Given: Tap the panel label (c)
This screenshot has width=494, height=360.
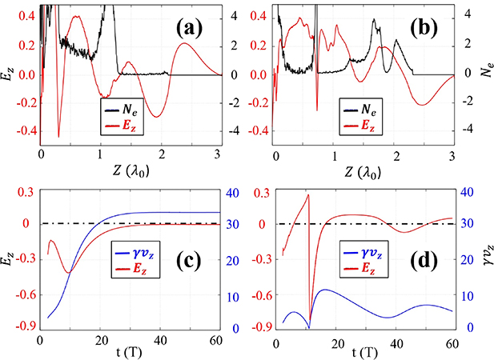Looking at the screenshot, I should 189,305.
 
